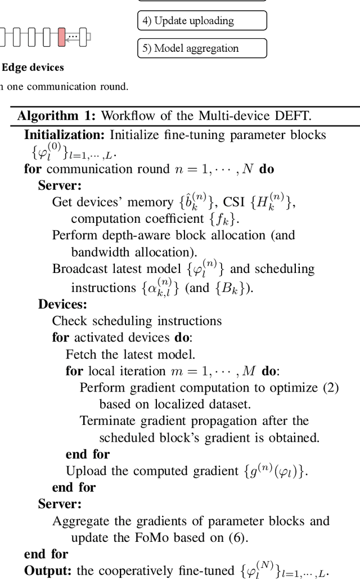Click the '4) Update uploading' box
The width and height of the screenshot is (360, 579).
202,21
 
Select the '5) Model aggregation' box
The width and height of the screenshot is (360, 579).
202,48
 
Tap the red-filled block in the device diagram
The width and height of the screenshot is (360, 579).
61,37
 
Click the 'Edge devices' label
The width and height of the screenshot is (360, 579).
33,68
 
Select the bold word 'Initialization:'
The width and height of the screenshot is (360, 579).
64,135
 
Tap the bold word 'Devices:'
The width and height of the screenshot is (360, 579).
62,304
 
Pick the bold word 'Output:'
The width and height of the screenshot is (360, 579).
48,571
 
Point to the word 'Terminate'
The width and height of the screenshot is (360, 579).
107,421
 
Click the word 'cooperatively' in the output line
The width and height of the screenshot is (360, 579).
132,571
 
